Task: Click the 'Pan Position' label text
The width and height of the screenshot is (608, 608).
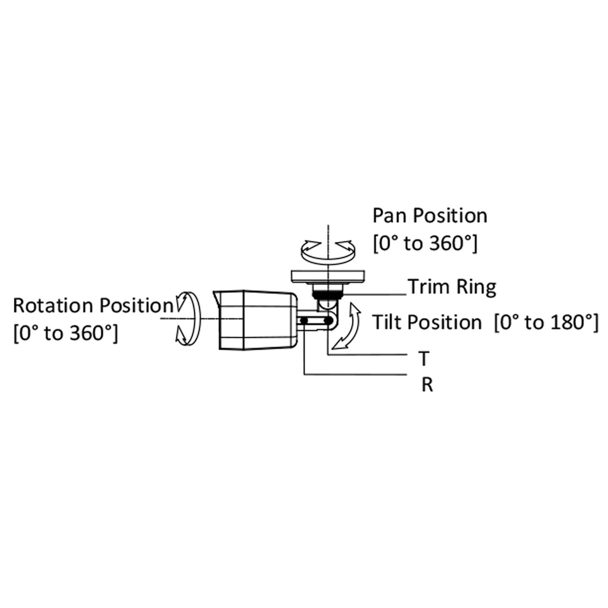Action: click(x=430, y=216)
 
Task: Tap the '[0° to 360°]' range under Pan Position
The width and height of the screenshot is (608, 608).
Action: click(x=425, y=244)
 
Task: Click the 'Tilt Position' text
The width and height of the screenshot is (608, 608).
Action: click(x=427, y=322)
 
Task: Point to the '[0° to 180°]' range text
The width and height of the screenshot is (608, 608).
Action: click(x=547, y=322)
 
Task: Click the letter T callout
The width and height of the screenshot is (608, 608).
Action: click(x=424, y=359)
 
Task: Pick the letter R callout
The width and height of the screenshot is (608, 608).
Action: click(x=427, y=385)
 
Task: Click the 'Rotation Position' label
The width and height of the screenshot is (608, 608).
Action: click(x=93, y=306)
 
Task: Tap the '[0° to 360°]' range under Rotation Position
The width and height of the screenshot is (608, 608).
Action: click(x=65, y=334)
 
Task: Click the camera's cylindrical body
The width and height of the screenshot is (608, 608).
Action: click(x=258, y=320)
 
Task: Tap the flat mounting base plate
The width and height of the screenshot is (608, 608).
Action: click(x=328, y=277)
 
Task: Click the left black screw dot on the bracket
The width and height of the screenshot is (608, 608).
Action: click(x=305, y=321)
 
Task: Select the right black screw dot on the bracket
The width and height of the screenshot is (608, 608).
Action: click(x=328, y=321)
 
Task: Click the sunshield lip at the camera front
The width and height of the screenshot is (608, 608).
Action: click(x=216, y=300)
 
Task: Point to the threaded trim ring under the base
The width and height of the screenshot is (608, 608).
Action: click(x=328, y=293)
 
